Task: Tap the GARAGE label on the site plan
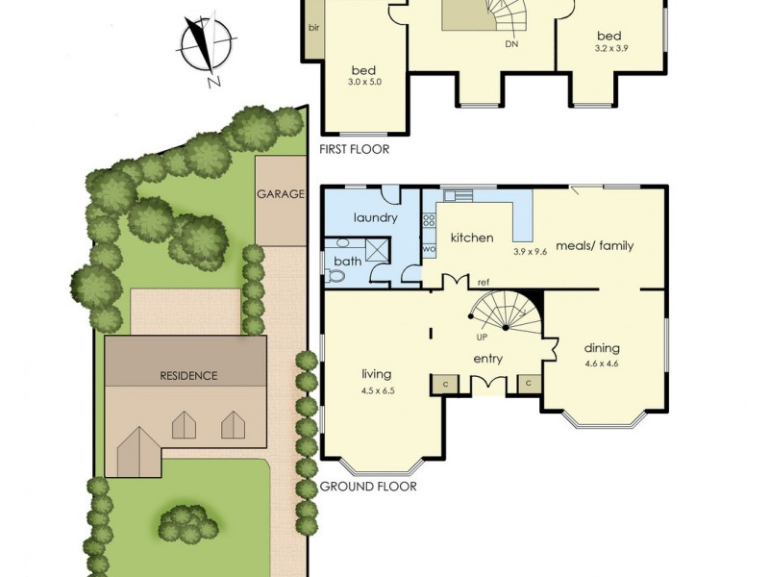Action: coord(281,193)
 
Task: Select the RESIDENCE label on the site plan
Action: coord(189,375)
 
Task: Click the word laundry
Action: coord(375,218)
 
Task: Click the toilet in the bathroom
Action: coord(335,275)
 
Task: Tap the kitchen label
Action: coord(472,238)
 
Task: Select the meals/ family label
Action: coord(595,245)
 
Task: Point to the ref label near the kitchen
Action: coord(484,283)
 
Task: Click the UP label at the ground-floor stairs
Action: coord(482,339)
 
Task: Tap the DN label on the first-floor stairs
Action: coord(511,44)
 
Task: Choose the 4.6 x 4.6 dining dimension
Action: coord(602,364)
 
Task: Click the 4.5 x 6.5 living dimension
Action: coord(379,390)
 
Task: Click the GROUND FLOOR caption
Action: coord(368,487)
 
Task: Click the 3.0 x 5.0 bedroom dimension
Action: coord(364,83)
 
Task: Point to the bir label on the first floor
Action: coord(313,27)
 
